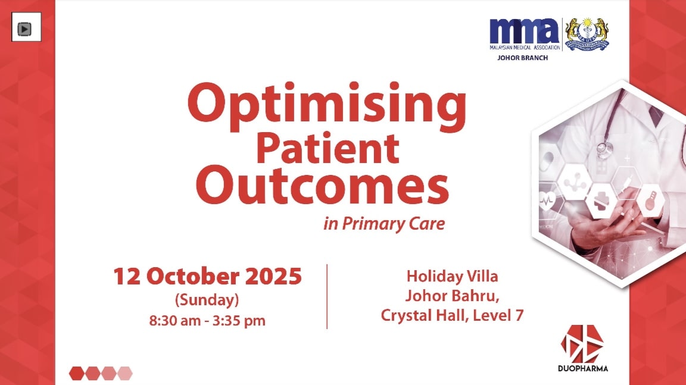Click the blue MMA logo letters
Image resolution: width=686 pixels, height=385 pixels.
point(524,32)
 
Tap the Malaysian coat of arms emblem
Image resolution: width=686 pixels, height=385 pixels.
point(587,34)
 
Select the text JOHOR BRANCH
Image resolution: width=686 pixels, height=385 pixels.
point(522,58)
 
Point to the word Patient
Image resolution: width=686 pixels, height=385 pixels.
point(328,149)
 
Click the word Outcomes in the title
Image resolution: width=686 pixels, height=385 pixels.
point(322,186)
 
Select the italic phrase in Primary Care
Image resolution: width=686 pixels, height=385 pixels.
point(384,224)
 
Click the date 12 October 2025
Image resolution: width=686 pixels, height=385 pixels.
point(207,277)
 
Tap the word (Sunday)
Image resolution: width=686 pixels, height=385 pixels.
point(207,300)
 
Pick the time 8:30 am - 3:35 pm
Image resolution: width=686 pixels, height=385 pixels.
point(207,321)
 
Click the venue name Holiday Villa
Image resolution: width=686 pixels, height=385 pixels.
point(453,276)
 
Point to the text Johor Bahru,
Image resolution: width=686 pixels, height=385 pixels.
point(453,296)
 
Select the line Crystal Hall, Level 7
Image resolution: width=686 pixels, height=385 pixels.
point(453,315)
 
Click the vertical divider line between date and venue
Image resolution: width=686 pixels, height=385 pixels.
point(328,296)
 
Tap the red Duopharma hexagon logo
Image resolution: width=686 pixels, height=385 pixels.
point(582,343)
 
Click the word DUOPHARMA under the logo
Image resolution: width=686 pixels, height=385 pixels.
point(583,368)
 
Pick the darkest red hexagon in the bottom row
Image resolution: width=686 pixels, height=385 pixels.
point(77,373)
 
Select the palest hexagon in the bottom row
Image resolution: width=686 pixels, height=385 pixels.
point(124,373)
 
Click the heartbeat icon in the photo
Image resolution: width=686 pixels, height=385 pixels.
point(547,201)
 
